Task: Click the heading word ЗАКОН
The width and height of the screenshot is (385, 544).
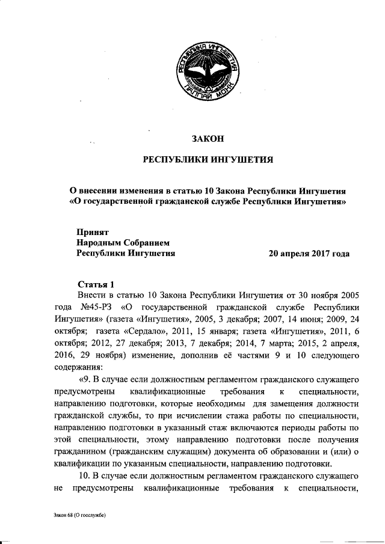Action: point(208,139)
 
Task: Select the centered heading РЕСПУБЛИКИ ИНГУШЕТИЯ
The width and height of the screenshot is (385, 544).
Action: point(208,160)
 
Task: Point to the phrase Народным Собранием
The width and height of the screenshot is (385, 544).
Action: point(124,243)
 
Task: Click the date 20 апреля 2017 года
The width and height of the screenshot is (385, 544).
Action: point(309,254)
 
